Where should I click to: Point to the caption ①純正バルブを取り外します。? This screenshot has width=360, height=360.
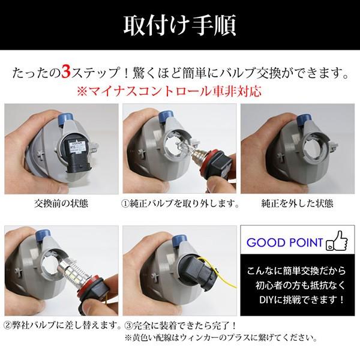point(179,203)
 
